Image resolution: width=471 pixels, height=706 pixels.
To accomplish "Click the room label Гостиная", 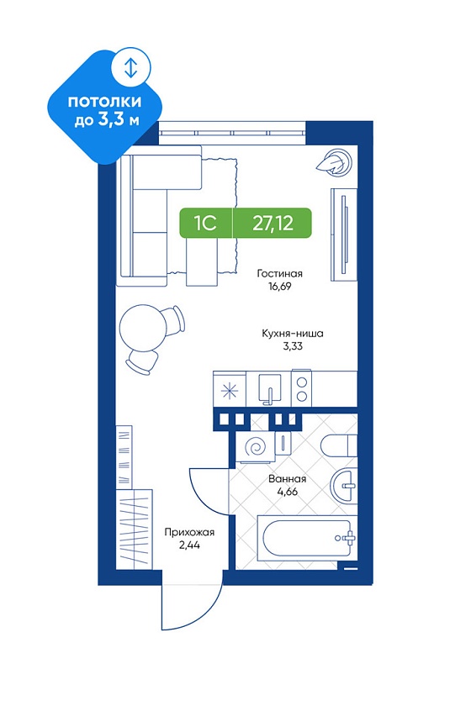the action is [279, 273].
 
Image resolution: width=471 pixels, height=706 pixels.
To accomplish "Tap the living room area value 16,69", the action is [280, 286].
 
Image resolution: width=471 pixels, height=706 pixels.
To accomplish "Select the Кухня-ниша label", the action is [293, 334].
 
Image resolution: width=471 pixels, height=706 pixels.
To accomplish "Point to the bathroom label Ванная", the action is [287, 478].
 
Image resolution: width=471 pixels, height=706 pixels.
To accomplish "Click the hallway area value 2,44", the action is [189, 545].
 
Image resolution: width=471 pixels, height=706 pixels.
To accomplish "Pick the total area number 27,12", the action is [273, 223].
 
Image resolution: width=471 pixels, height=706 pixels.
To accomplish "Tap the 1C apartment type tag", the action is [205, 223].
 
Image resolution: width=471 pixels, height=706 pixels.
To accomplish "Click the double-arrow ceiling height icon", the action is [130, 67].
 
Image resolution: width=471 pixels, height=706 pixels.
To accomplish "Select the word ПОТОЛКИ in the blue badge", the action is [104, 102].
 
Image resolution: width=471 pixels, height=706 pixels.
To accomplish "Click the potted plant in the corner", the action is [335, 162].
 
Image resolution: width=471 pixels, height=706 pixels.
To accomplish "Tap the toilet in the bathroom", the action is [339, 445].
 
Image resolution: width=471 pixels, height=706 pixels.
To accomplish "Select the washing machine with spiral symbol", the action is [256, 447].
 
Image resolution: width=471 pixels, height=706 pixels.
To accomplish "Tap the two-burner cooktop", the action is [302, 389].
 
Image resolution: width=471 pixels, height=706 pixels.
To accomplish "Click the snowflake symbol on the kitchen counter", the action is [230, 390].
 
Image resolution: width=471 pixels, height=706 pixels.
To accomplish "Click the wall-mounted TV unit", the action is [344, 234].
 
